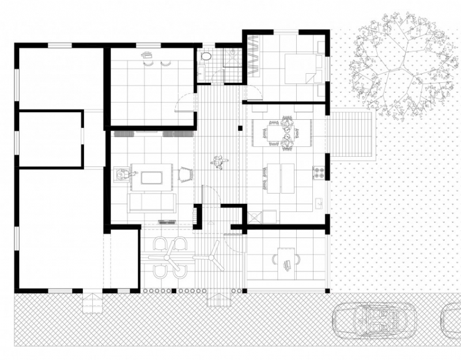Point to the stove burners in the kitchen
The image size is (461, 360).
[x=318, y=171]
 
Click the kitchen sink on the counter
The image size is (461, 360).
[x=318, y=203]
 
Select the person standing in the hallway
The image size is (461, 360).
[x=219, y=163]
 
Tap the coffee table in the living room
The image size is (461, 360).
[x=152, y=176]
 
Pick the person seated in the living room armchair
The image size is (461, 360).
[x=122, y=174]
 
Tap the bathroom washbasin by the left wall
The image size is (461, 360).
[x=201, y=73]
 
